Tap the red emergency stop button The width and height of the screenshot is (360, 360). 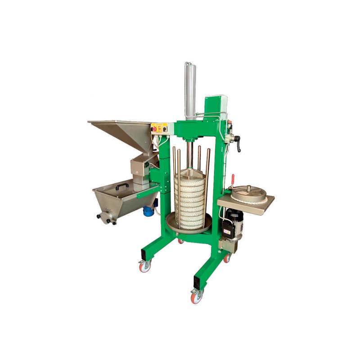tap(157, 128)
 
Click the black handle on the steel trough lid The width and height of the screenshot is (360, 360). tap(121, 185)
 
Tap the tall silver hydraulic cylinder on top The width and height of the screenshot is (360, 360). tap(190, 90)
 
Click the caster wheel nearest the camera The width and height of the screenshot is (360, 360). tap(197, 296)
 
